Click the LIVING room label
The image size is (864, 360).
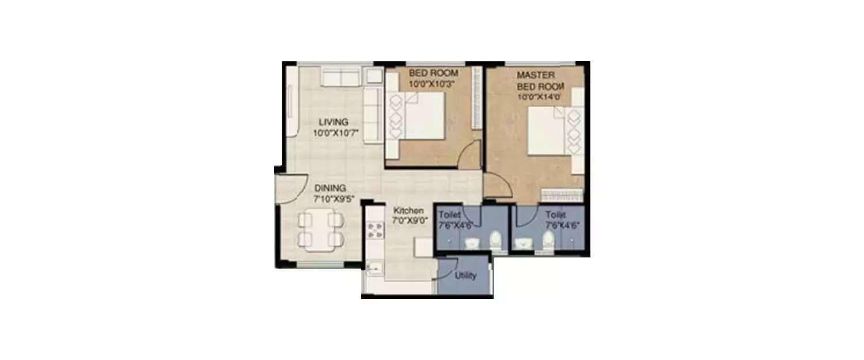point(334,122)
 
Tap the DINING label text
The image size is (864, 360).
point(329,188)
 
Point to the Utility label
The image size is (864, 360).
point(465,276)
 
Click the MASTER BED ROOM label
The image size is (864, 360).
point(540,81)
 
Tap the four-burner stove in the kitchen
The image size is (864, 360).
point(375,230)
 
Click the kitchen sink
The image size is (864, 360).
point(373,268)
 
